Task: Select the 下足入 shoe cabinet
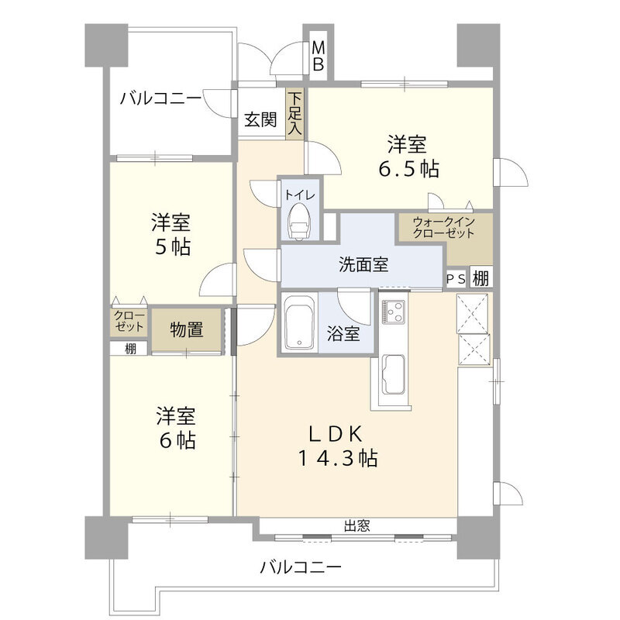point(295,115)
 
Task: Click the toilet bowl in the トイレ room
point(299,225)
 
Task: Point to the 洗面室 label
point(363,264)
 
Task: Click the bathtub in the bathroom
point(298,324)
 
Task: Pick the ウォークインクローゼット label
point(444,227)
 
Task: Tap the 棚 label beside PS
point(480,278)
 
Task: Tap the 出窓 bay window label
point(356,526)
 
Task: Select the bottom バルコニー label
point(300,568)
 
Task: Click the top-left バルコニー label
point(160,98)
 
